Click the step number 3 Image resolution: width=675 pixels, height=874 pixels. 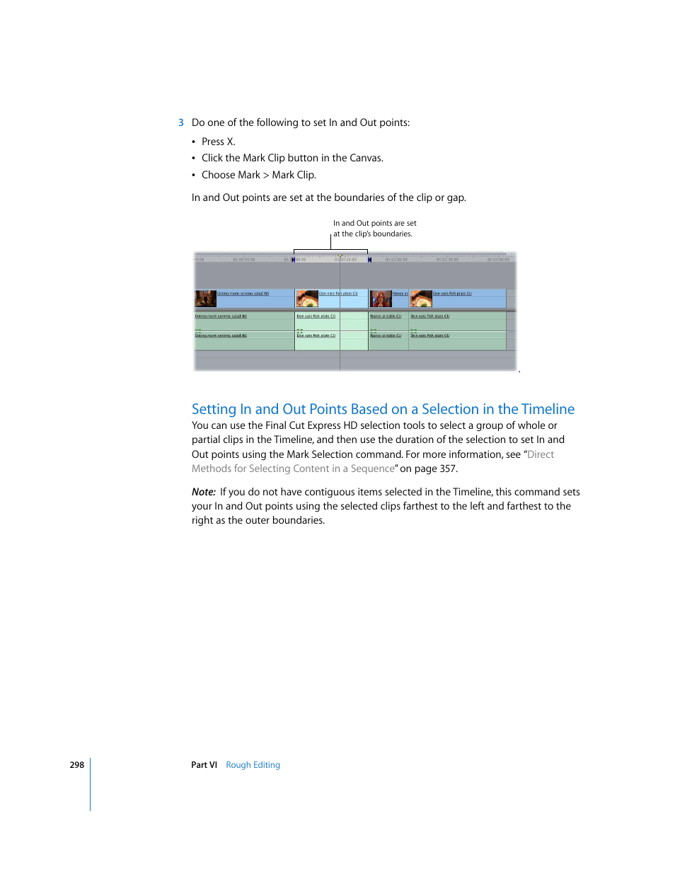(181, 123)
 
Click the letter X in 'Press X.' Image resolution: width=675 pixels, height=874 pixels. (230, 142)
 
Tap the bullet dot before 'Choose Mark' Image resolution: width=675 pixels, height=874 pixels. (194, 176)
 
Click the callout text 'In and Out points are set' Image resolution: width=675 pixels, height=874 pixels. (374, 224)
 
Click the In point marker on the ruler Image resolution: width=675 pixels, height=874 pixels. (294, 260)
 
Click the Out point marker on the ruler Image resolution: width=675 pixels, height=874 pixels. (369, 260)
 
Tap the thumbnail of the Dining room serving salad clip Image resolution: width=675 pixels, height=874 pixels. (205, 299)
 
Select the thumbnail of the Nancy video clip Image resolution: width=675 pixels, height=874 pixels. (381, 299)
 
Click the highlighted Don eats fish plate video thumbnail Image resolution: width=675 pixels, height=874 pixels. (307, 299)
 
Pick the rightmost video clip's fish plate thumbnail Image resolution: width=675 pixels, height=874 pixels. (421, 299)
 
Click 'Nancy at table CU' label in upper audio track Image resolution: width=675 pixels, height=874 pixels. (386, 316)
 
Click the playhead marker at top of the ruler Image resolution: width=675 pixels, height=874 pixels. (340, 257)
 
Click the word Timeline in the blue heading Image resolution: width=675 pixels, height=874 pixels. (548, 409)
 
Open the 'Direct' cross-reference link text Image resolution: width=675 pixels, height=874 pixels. (541, 454)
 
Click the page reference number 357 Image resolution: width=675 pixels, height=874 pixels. (447, 468)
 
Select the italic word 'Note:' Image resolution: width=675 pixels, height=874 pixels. (203, 492)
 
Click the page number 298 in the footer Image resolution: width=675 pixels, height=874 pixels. (76, 765)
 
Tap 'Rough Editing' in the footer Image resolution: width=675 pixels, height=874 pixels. (253, 765)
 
